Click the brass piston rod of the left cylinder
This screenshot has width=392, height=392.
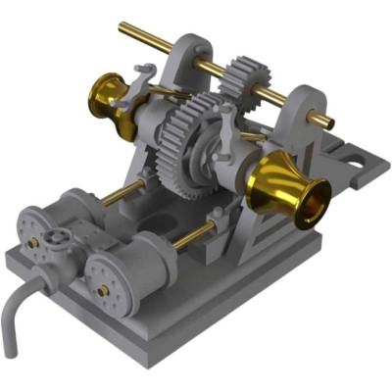[123, 193]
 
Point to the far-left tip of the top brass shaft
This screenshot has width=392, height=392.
[122, 27]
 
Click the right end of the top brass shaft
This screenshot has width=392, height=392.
[326, 122]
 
